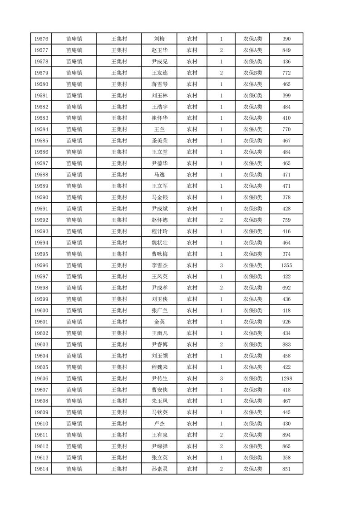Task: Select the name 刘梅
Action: [159, 39]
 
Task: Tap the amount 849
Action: [286, 50]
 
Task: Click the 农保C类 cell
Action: [252, 96]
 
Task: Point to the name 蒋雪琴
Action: [159, 84]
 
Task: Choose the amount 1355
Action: [286, 265]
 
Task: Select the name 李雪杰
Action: [159, 265]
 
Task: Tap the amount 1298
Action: [286, 378]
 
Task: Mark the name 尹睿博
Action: [159, 344]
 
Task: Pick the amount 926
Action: [286, 322]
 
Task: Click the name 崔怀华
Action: [159, 118]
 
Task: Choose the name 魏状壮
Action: [159, 243]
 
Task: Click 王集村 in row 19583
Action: [119, 118]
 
